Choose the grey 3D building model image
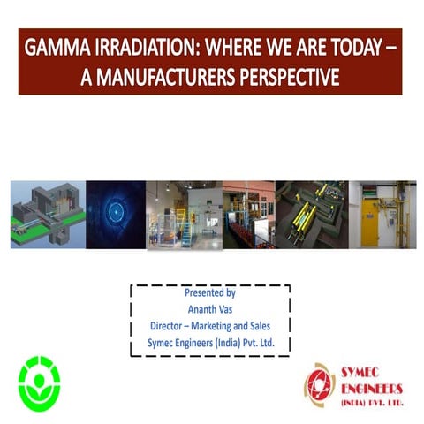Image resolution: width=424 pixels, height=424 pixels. click(49, 213)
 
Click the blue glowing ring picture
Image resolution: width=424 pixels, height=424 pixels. click(116, 213)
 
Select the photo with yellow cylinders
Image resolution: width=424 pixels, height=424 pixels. click(312, 213)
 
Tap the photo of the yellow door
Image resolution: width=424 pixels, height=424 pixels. click(382, 213)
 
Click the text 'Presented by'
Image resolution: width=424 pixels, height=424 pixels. click(210, 291)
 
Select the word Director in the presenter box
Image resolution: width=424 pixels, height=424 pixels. click(166, 324)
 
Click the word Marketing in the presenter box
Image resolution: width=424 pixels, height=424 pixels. click(217, 324)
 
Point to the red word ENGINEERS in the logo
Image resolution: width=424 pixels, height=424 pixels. click(372, 389)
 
